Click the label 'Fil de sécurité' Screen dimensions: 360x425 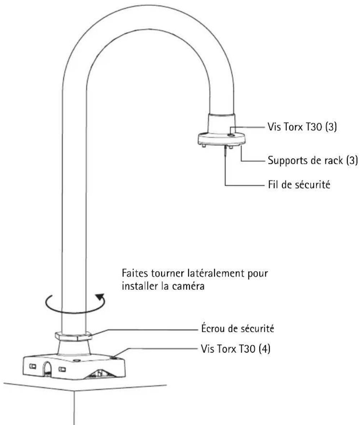coord(299,185)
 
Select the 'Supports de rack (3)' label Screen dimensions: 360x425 coord(313,160)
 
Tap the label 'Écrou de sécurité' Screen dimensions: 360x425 coord(237,329)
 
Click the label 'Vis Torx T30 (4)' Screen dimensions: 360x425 coord(236,349)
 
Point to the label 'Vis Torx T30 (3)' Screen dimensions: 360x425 coord(302,127)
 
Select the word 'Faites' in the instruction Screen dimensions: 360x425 coord(135,273)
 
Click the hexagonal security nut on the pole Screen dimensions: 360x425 coord(74,336)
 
